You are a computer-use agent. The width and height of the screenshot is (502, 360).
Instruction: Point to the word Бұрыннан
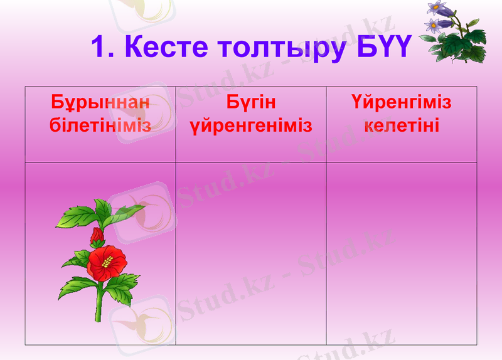point(100,102)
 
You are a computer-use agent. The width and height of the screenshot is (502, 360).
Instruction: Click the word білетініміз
point(100,125)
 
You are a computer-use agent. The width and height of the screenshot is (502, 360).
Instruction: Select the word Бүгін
point(251,102)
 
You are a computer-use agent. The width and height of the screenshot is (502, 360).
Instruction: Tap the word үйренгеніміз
point(251,125)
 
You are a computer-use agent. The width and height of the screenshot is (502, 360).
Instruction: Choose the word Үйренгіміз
point(402,102)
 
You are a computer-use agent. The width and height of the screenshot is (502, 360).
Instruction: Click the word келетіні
point(402,125)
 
